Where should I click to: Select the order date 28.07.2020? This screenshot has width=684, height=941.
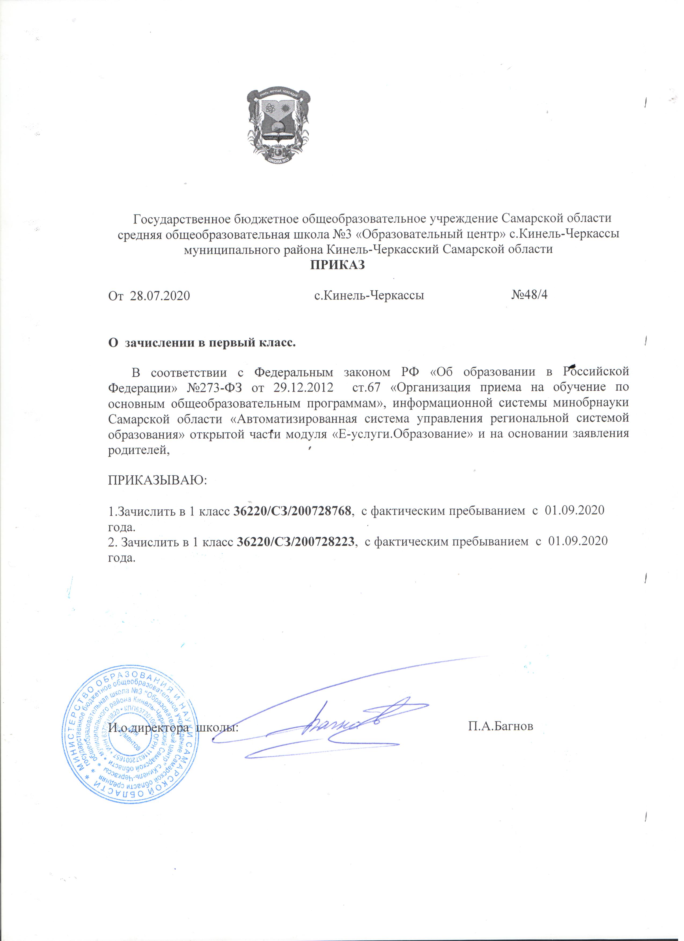coord(160,296)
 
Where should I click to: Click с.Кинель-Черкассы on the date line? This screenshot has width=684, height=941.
coord(369,296)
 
